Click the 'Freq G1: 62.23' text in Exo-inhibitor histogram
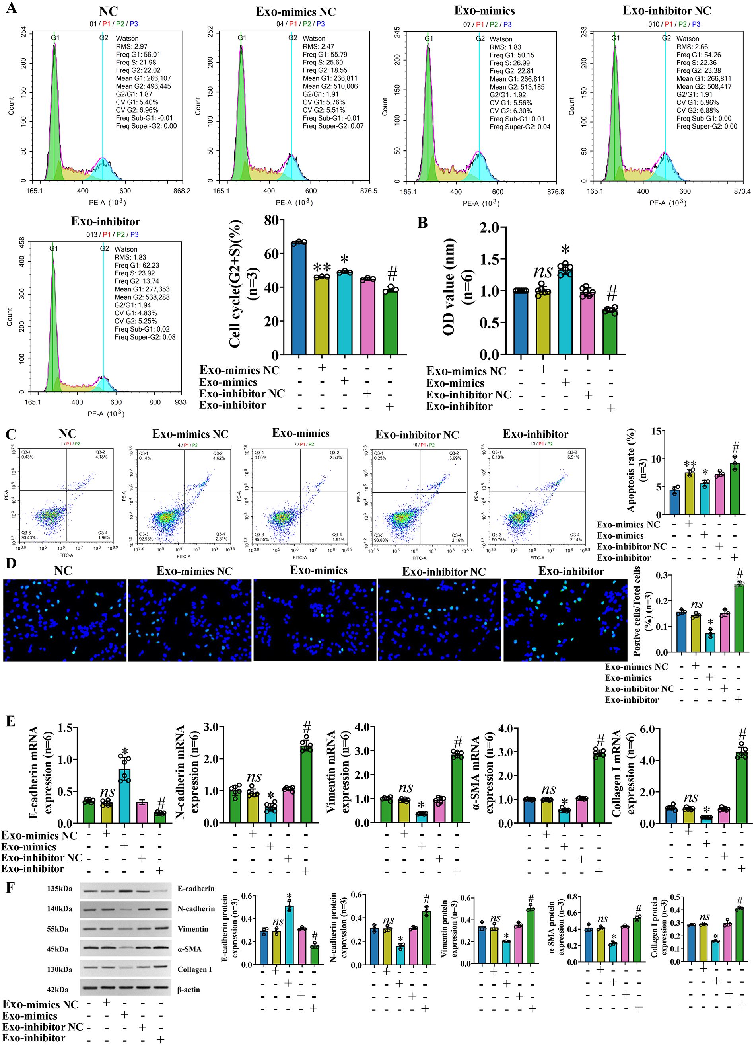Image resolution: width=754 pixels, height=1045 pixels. [136, 266]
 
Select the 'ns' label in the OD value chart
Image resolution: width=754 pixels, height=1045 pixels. [543, 272]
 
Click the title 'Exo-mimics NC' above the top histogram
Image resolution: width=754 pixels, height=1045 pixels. [295, 12]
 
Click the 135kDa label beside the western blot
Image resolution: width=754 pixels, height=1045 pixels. [59, 888]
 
